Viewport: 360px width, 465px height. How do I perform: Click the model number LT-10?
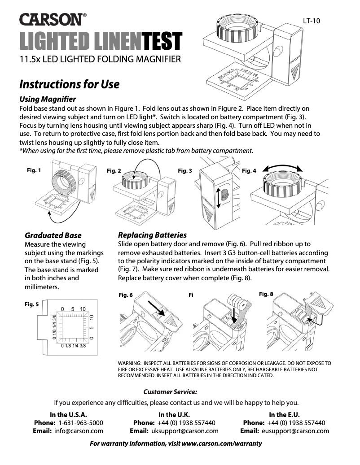pyautogui.click(x=311, y=21)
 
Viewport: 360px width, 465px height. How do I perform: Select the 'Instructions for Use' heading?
pyautogui.click(x=69, y=84)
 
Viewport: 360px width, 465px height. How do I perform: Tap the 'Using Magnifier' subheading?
pyautogui.click(x=48, y=99)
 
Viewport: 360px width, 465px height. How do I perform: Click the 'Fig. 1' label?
pyautogui.click(x=34, y=170)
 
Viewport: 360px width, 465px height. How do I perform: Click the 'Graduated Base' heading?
pyautogui.click(x=53, y=235)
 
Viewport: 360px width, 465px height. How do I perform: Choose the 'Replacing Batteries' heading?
pyautogui.click(x=152, y=235)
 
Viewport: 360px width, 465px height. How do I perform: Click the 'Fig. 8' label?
pyautogui.click(x=266, y=294)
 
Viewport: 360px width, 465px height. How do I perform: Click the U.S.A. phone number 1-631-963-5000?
pyautogui.click(x=81, y=423)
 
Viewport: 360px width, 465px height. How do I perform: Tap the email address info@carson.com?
pyautogui.click(x=79, y=431)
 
